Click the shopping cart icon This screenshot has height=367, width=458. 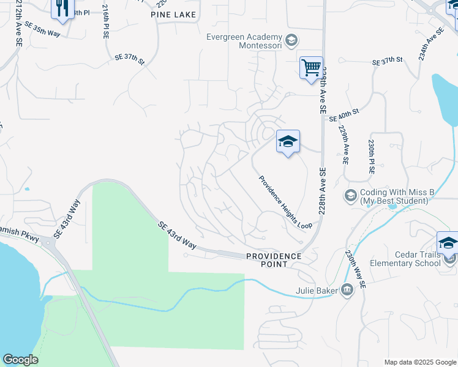point(311,67)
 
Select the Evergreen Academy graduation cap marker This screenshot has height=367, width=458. point(291,41)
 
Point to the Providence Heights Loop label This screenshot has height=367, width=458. point(285,202)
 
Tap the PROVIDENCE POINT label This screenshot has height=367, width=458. point(274,260)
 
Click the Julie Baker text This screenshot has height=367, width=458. point(317,291)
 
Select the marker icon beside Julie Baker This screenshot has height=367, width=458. point(347,290)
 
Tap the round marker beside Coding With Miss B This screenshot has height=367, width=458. point(351,196)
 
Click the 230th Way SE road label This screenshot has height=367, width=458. point(356,269)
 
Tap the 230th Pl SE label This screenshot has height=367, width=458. point(371,157)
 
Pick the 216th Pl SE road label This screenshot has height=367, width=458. point(105,22)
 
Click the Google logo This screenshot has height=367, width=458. point(20,360)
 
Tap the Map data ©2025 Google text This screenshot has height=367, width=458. point(419,362)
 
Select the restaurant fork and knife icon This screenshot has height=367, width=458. point(61,8)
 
